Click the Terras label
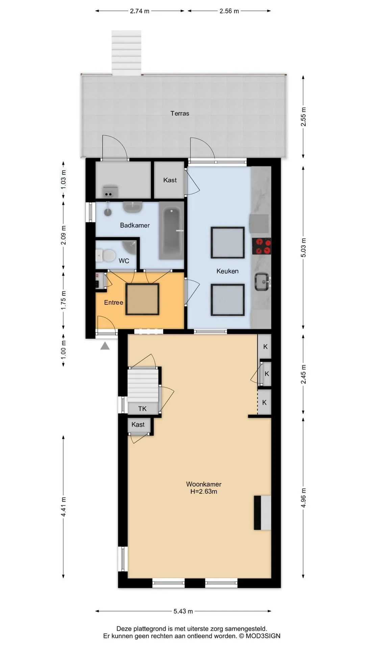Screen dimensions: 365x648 tap(180, 113)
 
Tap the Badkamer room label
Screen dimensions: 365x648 tap(135, 225)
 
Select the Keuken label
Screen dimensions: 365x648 tap(227, 271)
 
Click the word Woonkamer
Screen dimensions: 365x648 tap(204, 484)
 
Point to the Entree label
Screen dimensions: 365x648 tap(114, 302)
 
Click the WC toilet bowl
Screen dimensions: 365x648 tap(105, 255)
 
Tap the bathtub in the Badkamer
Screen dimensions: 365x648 tap(171, 231)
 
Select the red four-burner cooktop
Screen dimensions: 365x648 tap(262, 246)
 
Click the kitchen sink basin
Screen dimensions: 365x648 tap(262, 282)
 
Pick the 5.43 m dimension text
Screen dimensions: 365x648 tap(183, 611)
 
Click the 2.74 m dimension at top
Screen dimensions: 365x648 tap(140, 11)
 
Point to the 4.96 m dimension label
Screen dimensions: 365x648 tap(303, 498)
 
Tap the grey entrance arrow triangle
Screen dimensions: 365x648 tap(105, 346)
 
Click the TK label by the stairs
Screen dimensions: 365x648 tap(142, 409)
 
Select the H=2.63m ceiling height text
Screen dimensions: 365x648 tap(204, 491)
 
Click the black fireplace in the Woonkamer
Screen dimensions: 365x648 tap(258, 513)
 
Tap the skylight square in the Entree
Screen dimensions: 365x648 tap(142, 299)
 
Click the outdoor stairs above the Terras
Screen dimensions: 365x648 tap(127, 52)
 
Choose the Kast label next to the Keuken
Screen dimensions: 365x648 tap(170, 180)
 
